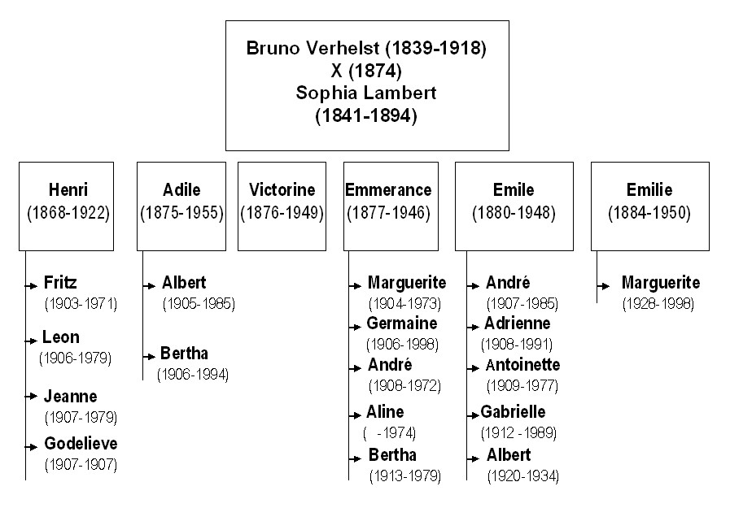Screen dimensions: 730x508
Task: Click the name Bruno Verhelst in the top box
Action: pos(313,48)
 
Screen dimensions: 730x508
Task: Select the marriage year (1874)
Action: pos(375,71)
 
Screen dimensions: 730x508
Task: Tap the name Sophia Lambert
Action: pos(366,93)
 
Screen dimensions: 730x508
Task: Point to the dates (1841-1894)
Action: pos(366,115)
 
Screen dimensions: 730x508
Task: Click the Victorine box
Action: pos(282,206)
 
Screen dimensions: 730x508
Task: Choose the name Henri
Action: pos(68,189)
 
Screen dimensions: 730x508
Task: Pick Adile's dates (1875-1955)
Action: pos(182,213)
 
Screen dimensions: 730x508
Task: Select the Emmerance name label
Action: pos(388,189)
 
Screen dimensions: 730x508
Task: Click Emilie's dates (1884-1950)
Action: pos(649,213)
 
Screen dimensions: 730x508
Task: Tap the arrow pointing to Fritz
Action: pos(31,286)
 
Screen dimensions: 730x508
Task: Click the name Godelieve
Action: pos(81,444)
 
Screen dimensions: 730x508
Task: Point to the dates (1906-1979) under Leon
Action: pos(76,358)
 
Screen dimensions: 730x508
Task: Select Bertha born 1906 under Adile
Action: pos(185,354)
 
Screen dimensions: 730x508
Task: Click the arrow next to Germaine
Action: pos(355,327)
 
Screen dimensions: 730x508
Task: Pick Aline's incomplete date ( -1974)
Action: pos(389,433)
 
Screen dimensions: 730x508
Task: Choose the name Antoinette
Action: pos(522,365)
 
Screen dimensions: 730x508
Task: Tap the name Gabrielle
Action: pos(513,412)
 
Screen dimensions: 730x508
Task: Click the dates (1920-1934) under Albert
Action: pos(522,476)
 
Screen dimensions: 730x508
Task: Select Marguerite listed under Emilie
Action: pos(661,283)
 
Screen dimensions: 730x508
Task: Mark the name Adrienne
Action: pos(518,323)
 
